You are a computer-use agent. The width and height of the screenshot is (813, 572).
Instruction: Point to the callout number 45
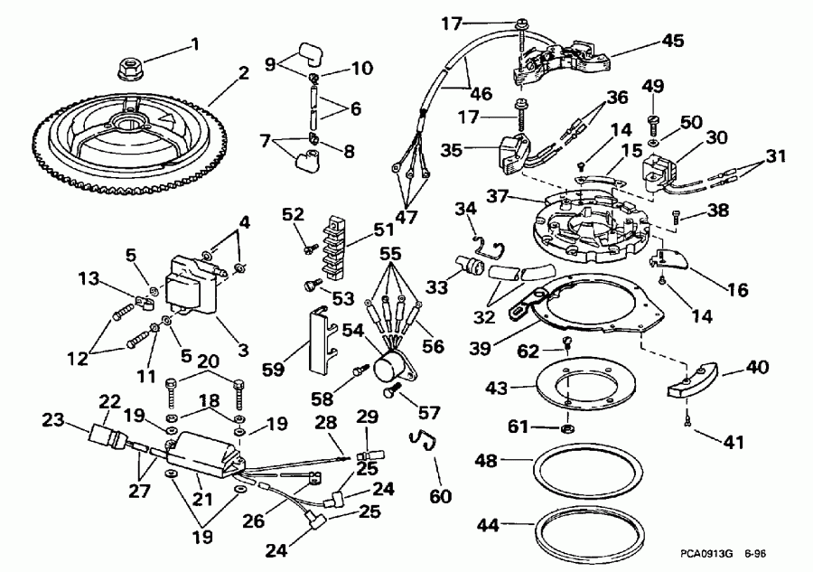(x=673, y=40)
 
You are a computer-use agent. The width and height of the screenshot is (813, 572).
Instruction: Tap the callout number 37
(x=494, y=197)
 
